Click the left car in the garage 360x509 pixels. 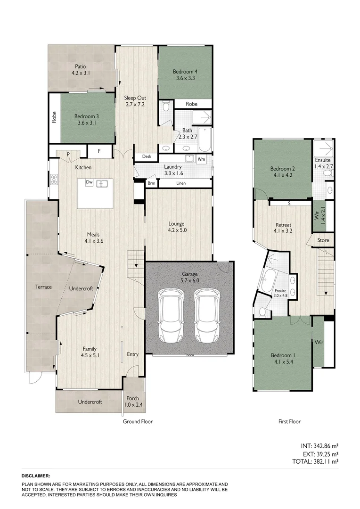coord(170,315)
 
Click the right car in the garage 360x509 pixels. coord(207,315)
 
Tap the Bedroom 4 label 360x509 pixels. coord(185,75)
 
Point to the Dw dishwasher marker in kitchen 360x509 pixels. coord(89,182)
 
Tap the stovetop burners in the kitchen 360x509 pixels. coord(54,179)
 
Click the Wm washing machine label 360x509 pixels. coord(201,159)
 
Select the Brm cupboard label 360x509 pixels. coord(151,183)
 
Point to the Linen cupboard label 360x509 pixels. coord(181,183)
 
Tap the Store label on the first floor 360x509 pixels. coord(323,240)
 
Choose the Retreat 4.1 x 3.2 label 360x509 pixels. coord(283,228)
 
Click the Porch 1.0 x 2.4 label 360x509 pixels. coord(132,401)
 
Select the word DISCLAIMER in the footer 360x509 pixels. coord(36,476)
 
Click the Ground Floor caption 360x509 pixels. coord(138,421)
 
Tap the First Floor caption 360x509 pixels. coord(289,421)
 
